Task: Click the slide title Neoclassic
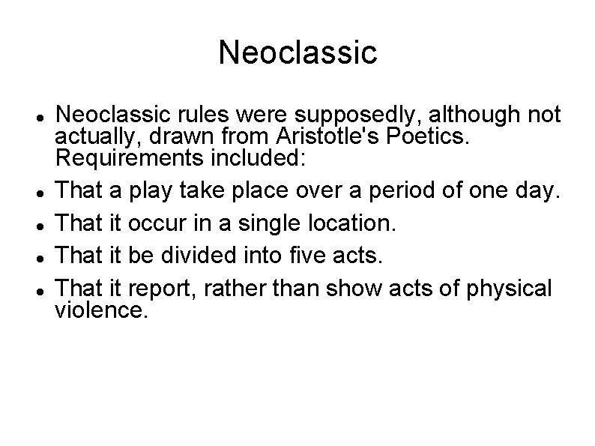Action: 297,52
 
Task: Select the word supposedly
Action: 336,114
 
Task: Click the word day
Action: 537,192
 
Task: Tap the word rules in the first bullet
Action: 196,114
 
